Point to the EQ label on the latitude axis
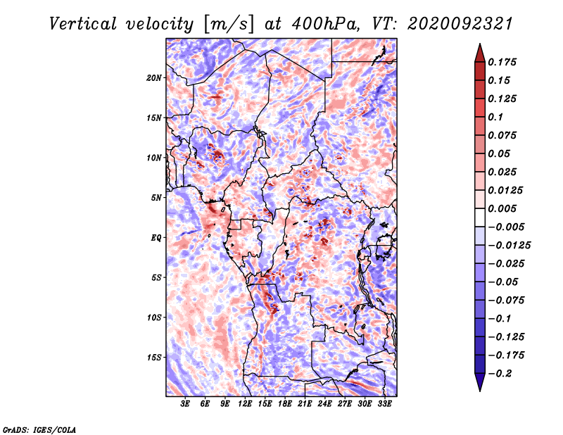tap(156, 237)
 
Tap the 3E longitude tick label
tap(185, 403)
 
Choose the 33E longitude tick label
tap(385, 403)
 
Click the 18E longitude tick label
tap(285, 403)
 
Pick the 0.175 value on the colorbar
tap(505, 62)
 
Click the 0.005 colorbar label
tap(505, 208)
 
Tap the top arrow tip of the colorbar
tap(479, 46)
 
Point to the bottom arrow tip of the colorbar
tap(479, 389)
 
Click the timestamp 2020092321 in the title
tap(450, 23)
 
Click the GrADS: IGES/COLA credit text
tap(39, 429)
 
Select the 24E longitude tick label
tap(325, 403)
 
